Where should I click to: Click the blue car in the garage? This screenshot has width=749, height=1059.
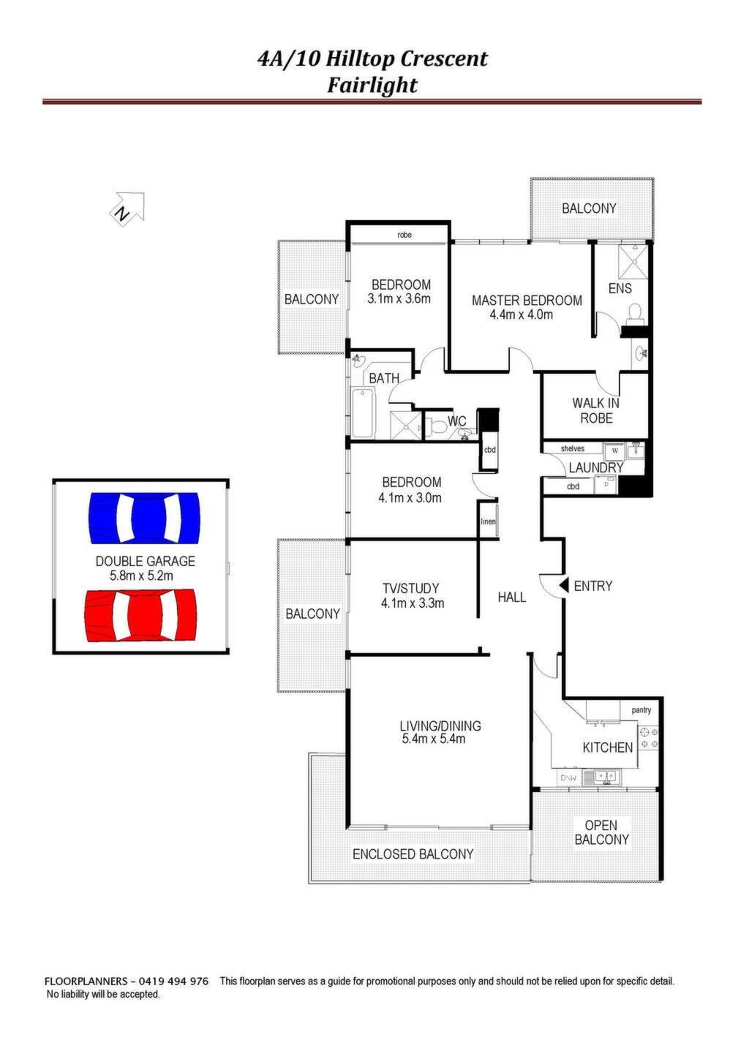coord(144,518)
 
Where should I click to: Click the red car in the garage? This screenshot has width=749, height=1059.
coord(140,615)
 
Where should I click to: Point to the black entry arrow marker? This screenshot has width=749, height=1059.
coord(563,585)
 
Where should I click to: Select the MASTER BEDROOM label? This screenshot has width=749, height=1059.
coord(527,300)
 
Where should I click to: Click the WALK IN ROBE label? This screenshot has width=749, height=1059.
coord(596,410)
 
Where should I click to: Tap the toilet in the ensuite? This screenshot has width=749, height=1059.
coord(635,314)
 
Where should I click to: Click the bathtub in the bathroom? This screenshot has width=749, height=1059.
coord(363,412)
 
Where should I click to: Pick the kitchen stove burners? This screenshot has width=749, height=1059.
coord(648,738)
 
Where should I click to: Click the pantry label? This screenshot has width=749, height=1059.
coord(641,710)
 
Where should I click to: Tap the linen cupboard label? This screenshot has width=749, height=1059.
coord(488,521)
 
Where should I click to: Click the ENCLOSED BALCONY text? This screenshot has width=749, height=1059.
coord(413,853)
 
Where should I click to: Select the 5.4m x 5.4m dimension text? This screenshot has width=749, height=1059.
coord(434,739)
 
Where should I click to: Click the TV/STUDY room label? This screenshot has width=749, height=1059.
coord(411,588)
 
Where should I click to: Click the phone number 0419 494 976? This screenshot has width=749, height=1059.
coord(173,981)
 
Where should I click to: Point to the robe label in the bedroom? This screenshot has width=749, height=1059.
coord(404,235)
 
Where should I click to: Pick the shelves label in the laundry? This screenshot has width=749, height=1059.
coord(573,448)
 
